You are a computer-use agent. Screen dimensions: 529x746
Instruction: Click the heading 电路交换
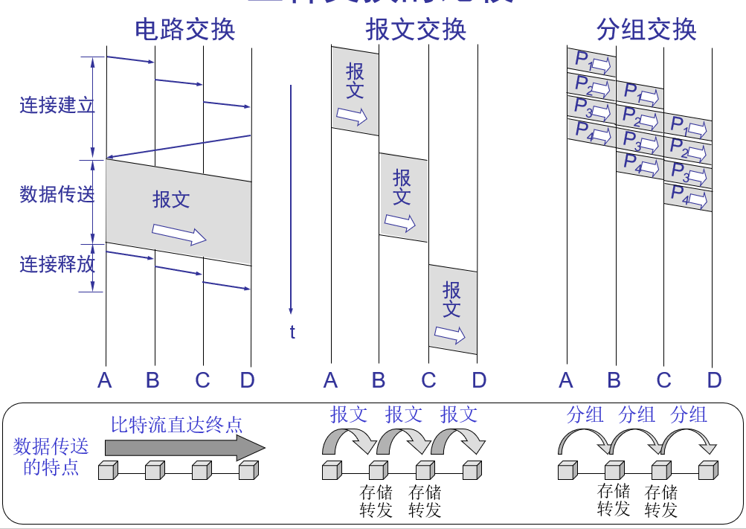(x=184, y=30)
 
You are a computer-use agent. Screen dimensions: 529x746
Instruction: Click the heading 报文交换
(x=416, y=30)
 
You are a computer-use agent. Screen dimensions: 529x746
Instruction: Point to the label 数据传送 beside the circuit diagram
(x=57, y=195)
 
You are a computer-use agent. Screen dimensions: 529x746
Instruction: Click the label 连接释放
(x=57, y=264)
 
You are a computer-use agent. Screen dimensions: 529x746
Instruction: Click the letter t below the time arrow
(x=292, y=333)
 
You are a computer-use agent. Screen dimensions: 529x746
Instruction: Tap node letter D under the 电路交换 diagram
(x=248, y=381)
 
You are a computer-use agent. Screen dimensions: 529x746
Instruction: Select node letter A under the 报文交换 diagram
(x=331, y=381)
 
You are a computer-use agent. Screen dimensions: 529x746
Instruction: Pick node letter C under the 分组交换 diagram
(x=663, y=381)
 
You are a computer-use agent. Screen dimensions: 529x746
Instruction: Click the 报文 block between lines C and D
(x=453, y=309)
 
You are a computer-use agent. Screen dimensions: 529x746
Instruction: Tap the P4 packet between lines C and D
(x=688, y=197)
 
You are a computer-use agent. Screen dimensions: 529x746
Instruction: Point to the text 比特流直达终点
(x=177, y=425)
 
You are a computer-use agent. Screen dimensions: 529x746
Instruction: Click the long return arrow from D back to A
(x=179, y=147)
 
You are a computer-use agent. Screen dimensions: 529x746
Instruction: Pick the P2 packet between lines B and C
(x=640, y=118)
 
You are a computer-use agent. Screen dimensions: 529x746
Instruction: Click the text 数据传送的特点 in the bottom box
(x=51, y=457)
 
